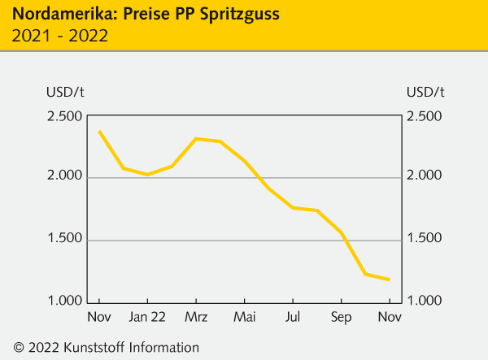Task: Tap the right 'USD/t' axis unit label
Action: pos(425,90)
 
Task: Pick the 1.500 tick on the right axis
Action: pos(425,239)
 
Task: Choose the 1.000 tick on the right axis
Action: pos(425,301)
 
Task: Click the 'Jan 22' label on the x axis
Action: pos(148,317)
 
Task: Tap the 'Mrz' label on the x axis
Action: pos(196,317)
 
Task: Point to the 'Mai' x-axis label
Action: pos(244,317)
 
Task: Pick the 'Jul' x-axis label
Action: pos(293,317)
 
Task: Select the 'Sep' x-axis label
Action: pos(341,317)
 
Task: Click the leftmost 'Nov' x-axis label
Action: pos(99,317)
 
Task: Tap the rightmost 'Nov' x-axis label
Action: pos(389,317)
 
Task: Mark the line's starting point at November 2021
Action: pos(99,131)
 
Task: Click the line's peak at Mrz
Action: pos(196,138)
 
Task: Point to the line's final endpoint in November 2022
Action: pos(389,280)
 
